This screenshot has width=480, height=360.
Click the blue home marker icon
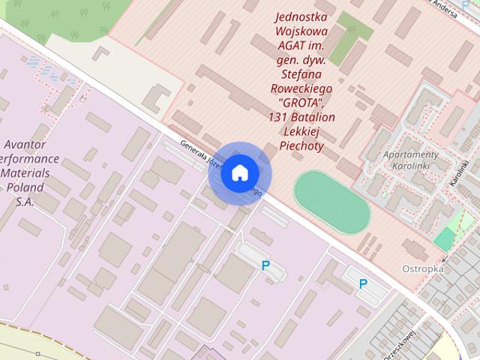click(x=238, y=173)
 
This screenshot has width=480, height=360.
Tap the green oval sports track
click(x=331, y=202)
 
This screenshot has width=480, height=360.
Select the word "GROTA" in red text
click(x=300, y=102)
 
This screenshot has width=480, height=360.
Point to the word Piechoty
click(x=300, y=145)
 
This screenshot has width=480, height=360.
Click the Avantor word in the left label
click(x=25, y=145)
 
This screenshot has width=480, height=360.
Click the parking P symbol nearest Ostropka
click(x=363, y=283)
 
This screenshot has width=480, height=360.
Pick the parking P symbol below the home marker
click(x=265, y=265)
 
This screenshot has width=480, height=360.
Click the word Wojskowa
click(x=300, y=31)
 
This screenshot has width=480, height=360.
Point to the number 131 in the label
click(x=278, y=117)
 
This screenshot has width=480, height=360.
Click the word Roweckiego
click(x=300, y=88)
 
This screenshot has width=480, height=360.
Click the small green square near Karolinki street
click(x=444, y=238)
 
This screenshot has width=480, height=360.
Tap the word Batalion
click(x=313, y=117)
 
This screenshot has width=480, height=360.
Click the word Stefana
click(x=300, y=74)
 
